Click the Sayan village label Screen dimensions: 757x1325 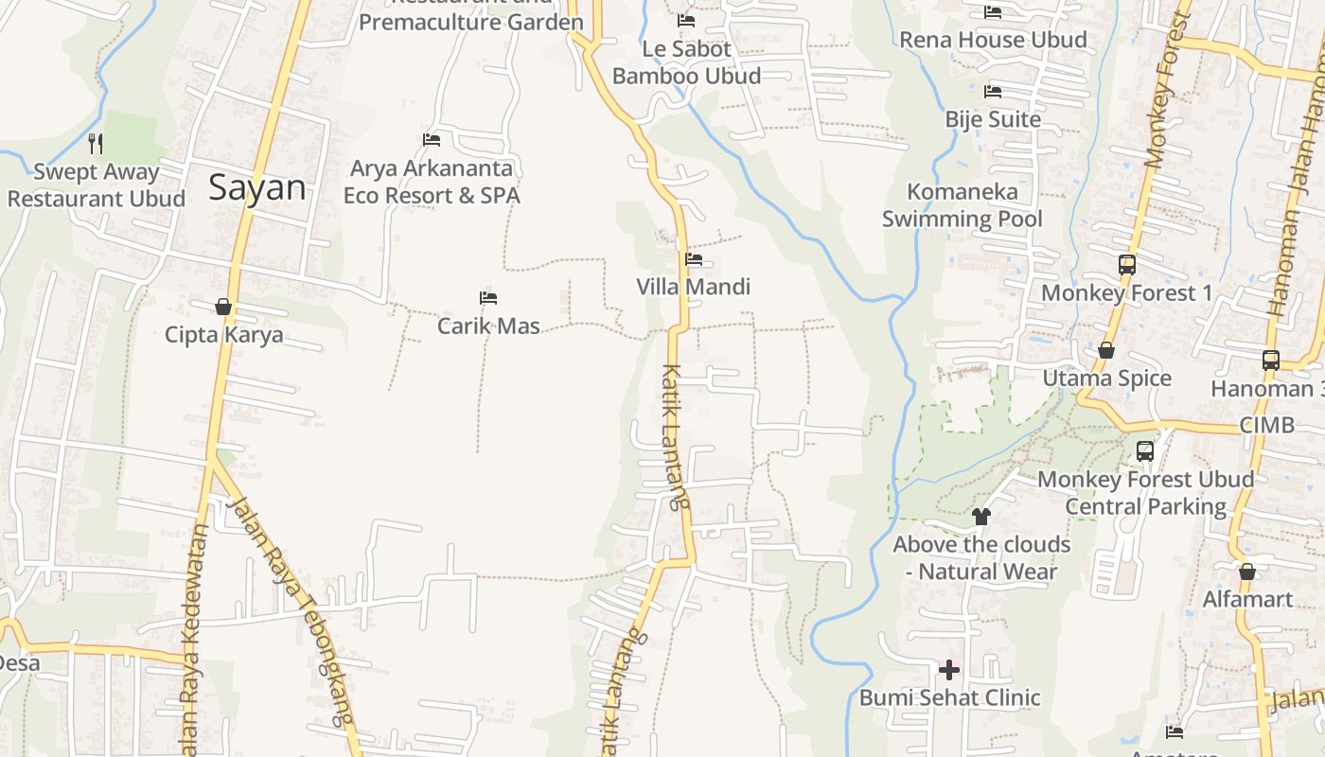257,186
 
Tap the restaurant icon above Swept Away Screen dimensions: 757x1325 96,144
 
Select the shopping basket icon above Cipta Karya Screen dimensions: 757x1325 223,307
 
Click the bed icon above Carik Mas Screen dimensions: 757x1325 488,298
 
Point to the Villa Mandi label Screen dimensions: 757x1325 693,287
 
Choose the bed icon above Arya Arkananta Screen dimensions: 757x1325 432,140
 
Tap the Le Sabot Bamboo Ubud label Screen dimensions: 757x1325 686,62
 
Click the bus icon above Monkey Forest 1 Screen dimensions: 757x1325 1126,265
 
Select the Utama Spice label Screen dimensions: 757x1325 1106,378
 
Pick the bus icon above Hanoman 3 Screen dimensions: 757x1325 1270,361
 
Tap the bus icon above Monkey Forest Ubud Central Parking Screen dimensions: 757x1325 1145,451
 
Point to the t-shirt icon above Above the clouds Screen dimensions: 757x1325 981,517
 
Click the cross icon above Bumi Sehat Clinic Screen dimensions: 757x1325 949,670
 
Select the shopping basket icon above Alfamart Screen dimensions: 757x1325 1247,572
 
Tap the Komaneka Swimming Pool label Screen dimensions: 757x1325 963,205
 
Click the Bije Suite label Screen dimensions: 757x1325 993,119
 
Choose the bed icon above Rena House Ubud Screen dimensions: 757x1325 993,12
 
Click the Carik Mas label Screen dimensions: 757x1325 488,326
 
